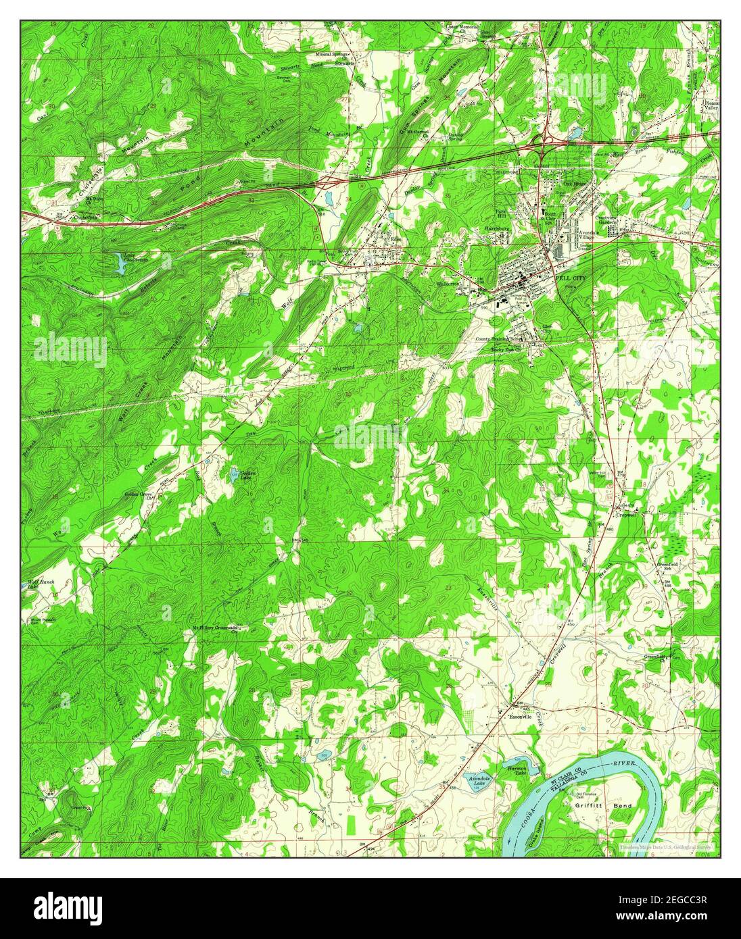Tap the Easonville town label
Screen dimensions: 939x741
(521, 717)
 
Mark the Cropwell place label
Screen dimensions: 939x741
(627, 514)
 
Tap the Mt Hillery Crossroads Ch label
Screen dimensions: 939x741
(216, 628)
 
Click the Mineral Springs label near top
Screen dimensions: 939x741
(333, 53)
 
